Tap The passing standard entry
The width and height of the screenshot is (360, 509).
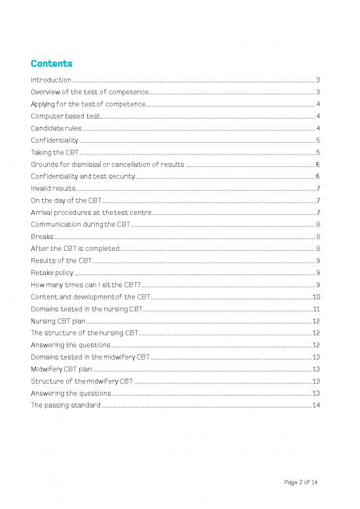pos(65,405)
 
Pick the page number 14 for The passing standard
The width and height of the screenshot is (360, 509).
pos(316,405)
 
